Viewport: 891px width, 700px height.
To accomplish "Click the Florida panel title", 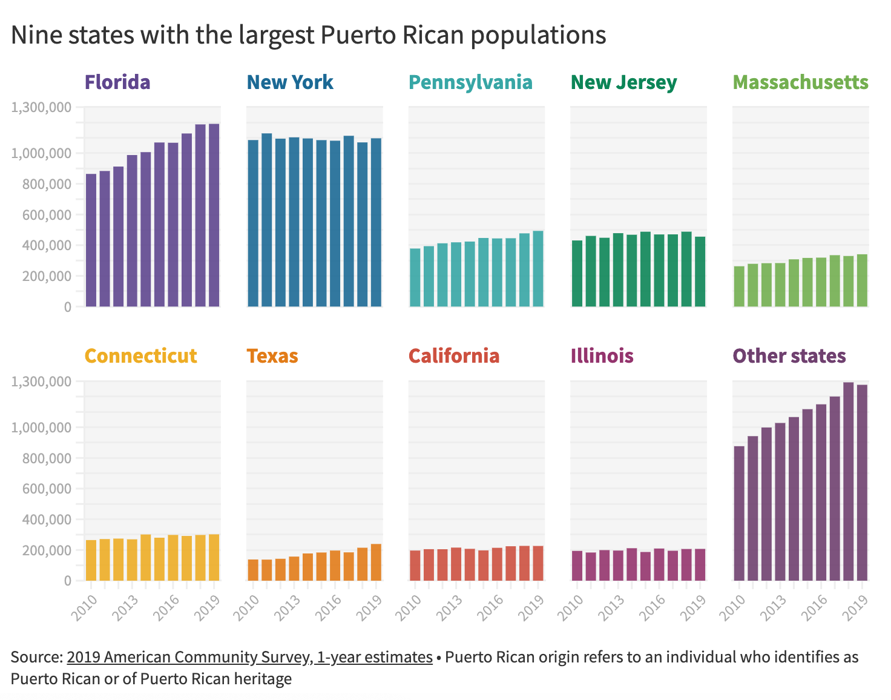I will pyautogui.click(x=117, y=82).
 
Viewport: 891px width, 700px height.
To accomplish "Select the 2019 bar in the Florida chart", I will pyautogui.click(x=214, y=215).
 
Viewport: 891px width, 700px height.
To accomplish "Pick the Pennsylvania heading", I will pyautogui.click(x=470, y=82).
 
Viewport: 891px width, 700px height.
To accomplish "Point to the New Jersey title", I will pyautogui.click(x=623, y=82).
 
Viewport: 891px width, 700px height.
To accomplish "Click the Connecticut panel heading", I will pyautogui.click(x=141, y=355).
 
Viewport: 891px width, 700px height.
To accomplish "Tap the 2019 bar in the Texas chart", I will pyautogui.click(x=376, y=562).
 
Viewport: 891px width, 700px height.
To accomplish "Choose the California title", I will pyautogui.click(x=454, y=355).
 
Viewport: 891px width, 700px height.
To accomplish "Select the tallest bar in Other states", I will pyautogui.click(x=848, y=481).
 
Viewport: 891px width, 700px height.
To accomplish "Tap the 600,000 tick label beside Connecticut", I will pyautogui.click(x=50, y=489).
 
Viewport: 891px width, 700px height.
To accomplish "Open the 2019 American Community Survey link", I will pyautogui.click(x=249, y=657).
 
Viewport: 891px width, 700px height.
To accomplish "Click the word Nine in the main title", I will pyautogui.click(x=36, y=35).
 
